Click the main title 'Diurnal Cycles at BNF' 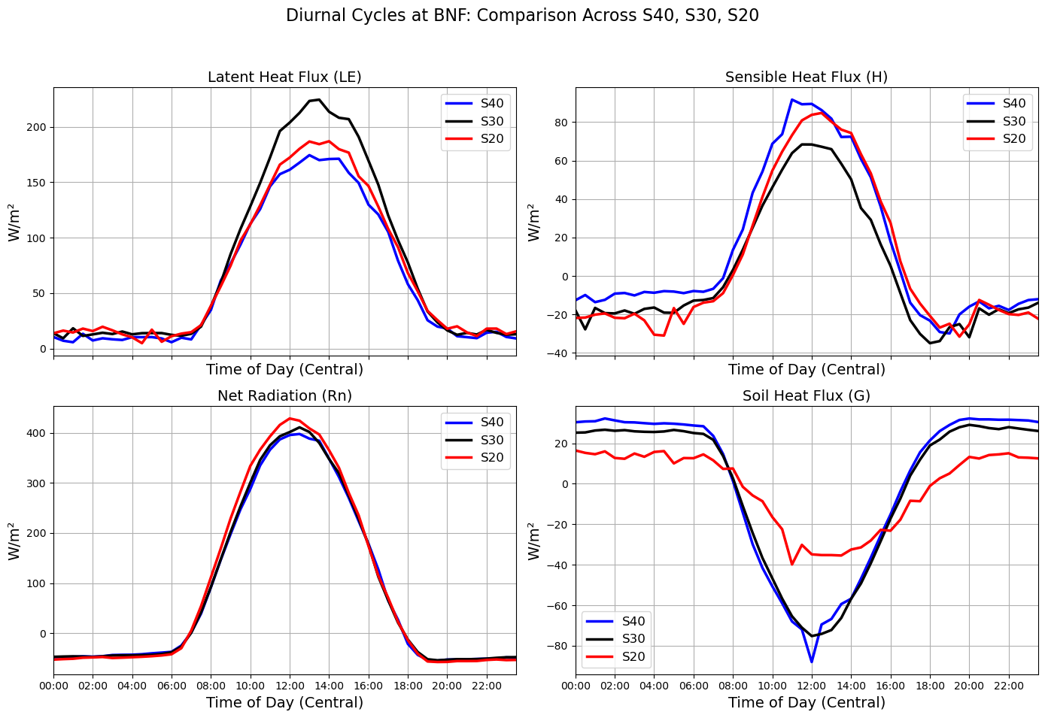[x=522, y=16]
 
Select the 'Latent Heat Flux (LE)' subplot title [x=284, y=77]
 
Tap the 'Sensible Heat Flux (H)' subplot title [x=807, y=77]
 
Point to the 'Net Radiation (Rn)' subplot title [x=284, y=395]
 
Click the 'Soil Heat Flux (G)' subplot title [x=807, y=395]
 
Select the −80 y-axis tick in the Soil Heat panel [x=558, y=646]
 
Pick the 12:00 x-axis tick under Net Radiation [x=290, y=686]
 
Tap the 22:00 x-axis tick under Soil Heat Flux [x=1009, y=686]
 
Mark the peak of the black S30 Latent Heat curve [x=319, y=99]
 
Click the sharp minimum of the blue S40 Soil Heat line [x=812, y=662]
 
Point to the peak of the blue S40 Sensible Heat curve [x=791, y=99]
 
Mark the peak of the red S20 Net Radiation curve [x=290, y=419]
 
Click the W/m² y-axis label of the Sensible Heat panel [x=534, y=222]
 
